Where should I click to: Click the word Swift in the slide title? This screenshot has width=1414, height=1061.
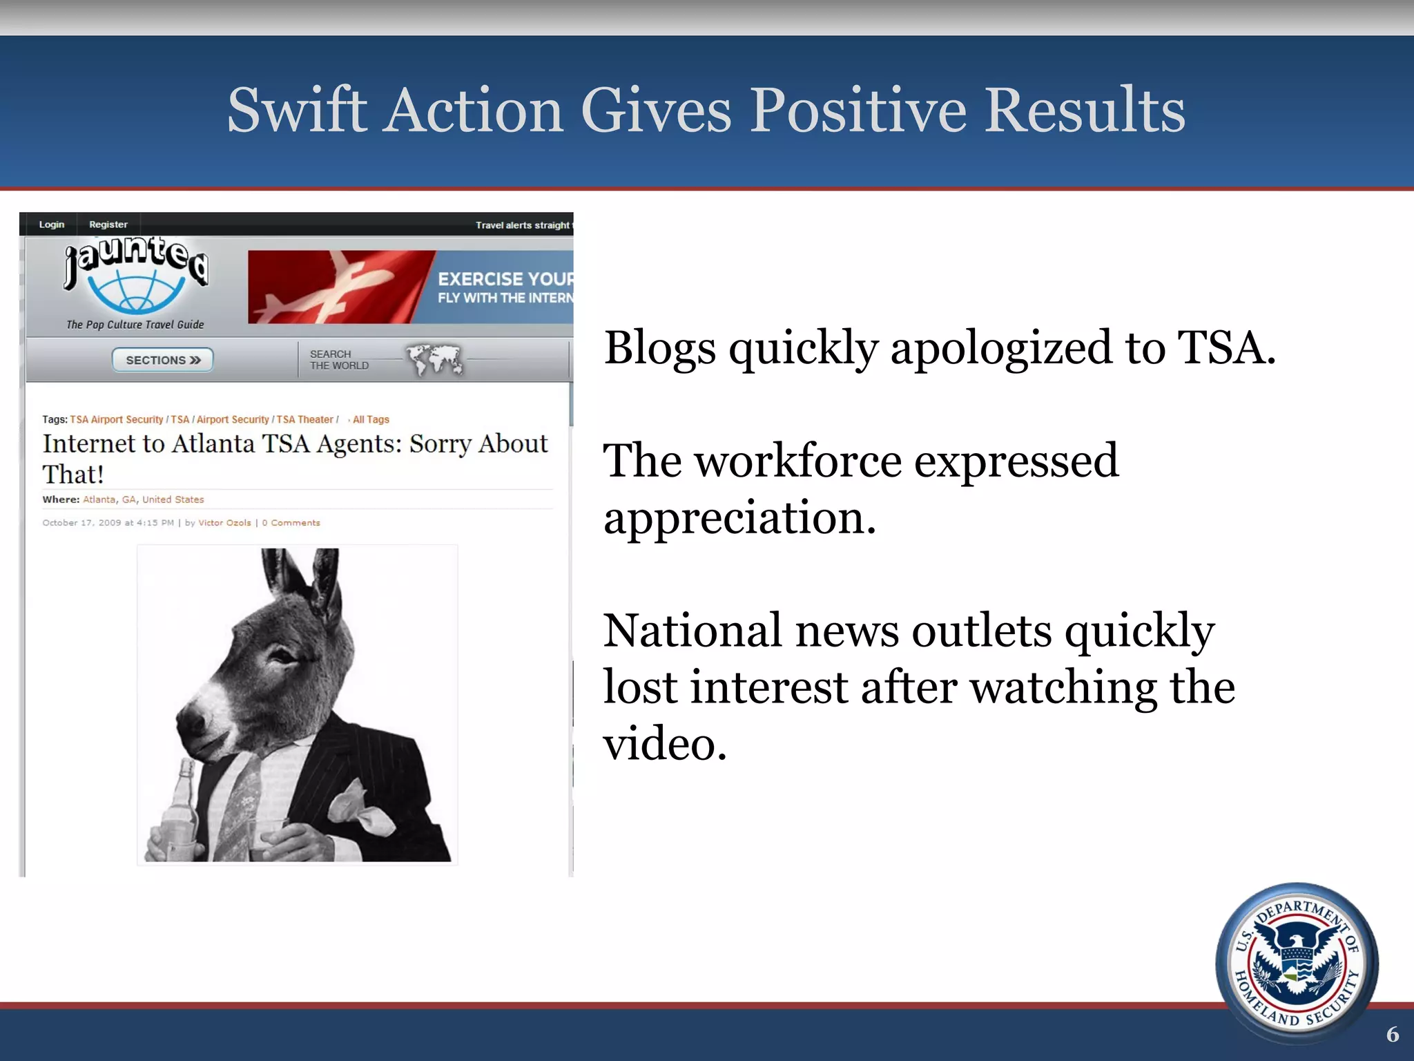[297, 111]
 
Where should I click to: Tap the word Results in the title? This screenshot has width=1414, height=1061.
[1084, 111]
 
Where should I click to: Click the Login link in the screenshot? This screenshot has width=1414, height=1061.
[52, 224]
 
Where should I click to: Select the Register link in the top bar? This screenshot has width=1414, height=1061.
[108, 224]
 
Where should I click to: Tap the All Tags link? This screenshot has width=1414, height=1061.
[371, 419]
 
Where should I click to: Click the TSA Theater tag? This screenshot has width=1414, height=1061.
[304, 419]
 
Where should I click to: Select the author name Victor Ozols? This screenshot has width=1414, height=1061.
[224, 523]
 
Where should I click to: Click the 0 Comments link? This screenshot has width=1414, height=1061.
[291, 523]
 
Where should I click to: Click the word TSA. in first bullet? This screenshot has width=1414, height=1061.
[1226, 347]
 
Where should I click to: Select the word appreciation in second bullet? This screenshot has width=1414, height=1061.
[739, 518]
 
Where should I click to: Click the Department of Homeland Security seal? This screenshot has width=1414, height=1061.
[1297, 962]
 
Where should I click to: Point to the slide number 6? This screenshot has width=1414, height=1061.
[1393, 1034]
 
